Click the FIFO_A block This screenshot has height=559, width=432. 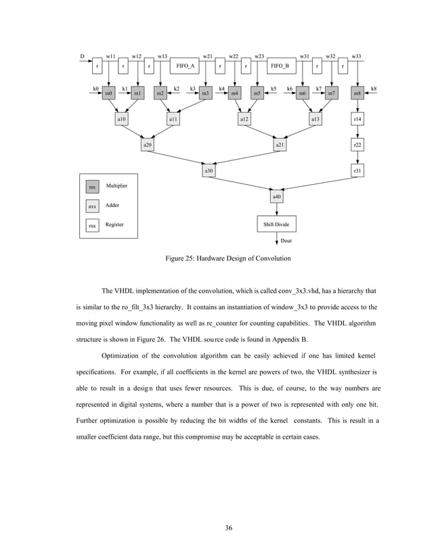(x=185, y=66)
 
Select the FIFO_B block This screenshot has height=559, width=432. (x=280, y=66)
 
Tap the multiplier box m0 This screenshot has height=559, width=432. (x=108, y=93)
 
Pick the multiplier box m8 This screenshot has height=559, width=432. (x=357, y=93)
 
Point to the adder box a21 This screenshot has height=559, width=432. (x=280, y=145)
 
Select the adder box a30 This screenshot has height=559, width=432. (x=209, y=171)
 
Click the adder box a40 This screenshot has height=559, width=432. (x=276, y=197)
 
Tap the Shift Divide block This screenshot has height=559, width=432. (x=276, y=224)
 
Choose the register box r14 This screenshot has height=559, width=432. (x=357, y=119)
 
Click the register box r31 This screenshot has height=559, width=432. (x=357, y=171)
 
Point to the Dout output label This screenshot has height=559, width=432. (x=286, y=240)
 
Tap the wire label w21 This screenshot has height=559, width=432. (x=208, y=56)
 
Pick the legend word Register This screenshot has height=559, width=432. (x=114, y=224)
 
